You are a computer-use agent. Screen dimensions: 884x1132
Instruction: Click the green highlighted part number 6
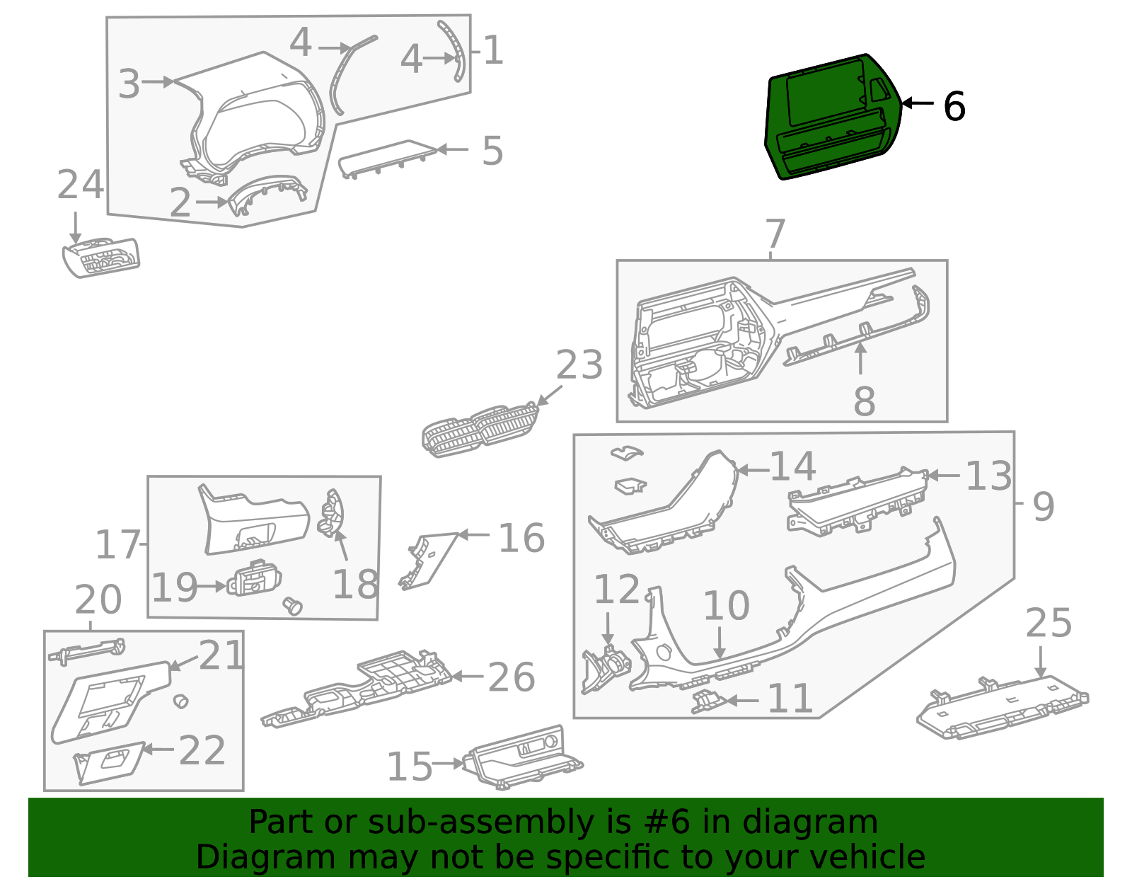pos(831,117)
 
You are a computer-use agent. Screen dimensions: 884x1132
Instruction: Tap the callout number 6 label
pos(954,107)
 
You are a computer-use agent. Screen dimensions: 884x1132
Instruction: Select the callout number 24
pos(80,185)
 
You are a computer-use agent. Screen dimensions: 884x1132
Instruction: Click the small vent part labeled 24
pos(101,258)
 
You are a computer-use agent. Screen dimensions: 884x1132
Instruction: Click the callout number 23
pos(579,366)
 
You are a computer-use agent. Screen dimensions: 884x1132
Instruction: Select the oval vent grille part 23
pos(480,430)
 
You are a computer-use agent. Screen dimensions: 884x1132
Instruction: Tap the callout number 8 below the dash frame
pos(864,401)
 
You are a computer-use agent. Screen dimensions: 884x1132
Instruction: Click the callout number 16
pos(521,539)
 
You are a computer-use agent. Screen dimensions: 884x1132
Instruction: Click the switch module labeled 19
pos(254,580)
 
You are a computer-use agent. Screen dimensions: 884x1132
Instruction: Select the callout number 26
pos(511,677)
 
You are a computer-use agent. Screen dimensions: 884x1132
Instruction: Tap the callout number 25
pos(1048,624)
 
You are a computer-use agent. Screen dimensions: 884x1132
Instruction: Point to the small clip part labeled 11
pos(708,701)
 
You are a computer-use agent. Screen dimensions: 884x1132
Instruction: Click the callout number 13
pos(988,476)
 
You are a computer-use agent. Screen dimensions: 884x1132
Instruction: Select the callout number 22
pos(202,750)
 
